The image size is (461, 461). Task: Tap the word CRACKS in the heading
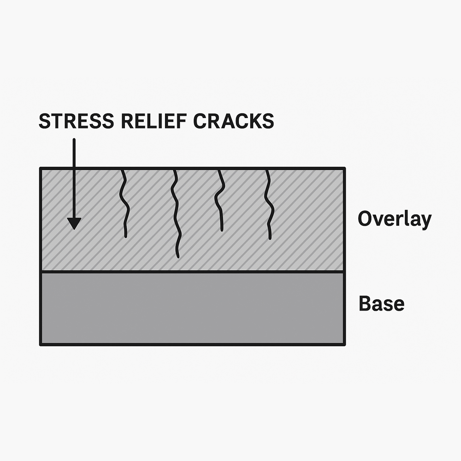233,121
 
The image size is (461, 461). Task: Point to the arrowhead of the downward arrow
74,223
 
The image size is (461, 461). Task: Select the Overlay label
394,219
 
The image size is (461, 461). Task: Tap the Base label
381,304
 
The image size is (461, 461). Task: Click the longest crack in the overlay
175,212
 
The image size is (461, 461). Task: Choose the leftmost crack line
123,203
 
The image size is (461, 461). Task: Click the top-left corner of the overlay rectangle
41,169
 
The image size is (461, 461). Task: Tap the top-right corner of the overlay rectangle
344,169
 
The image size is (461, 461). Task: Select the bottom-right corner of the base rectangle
344,344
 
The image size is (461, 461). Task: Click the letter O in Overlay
365,219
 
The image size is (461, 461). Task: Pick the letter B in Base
364,304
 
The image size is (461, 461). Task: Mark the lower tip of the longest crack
177,256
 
